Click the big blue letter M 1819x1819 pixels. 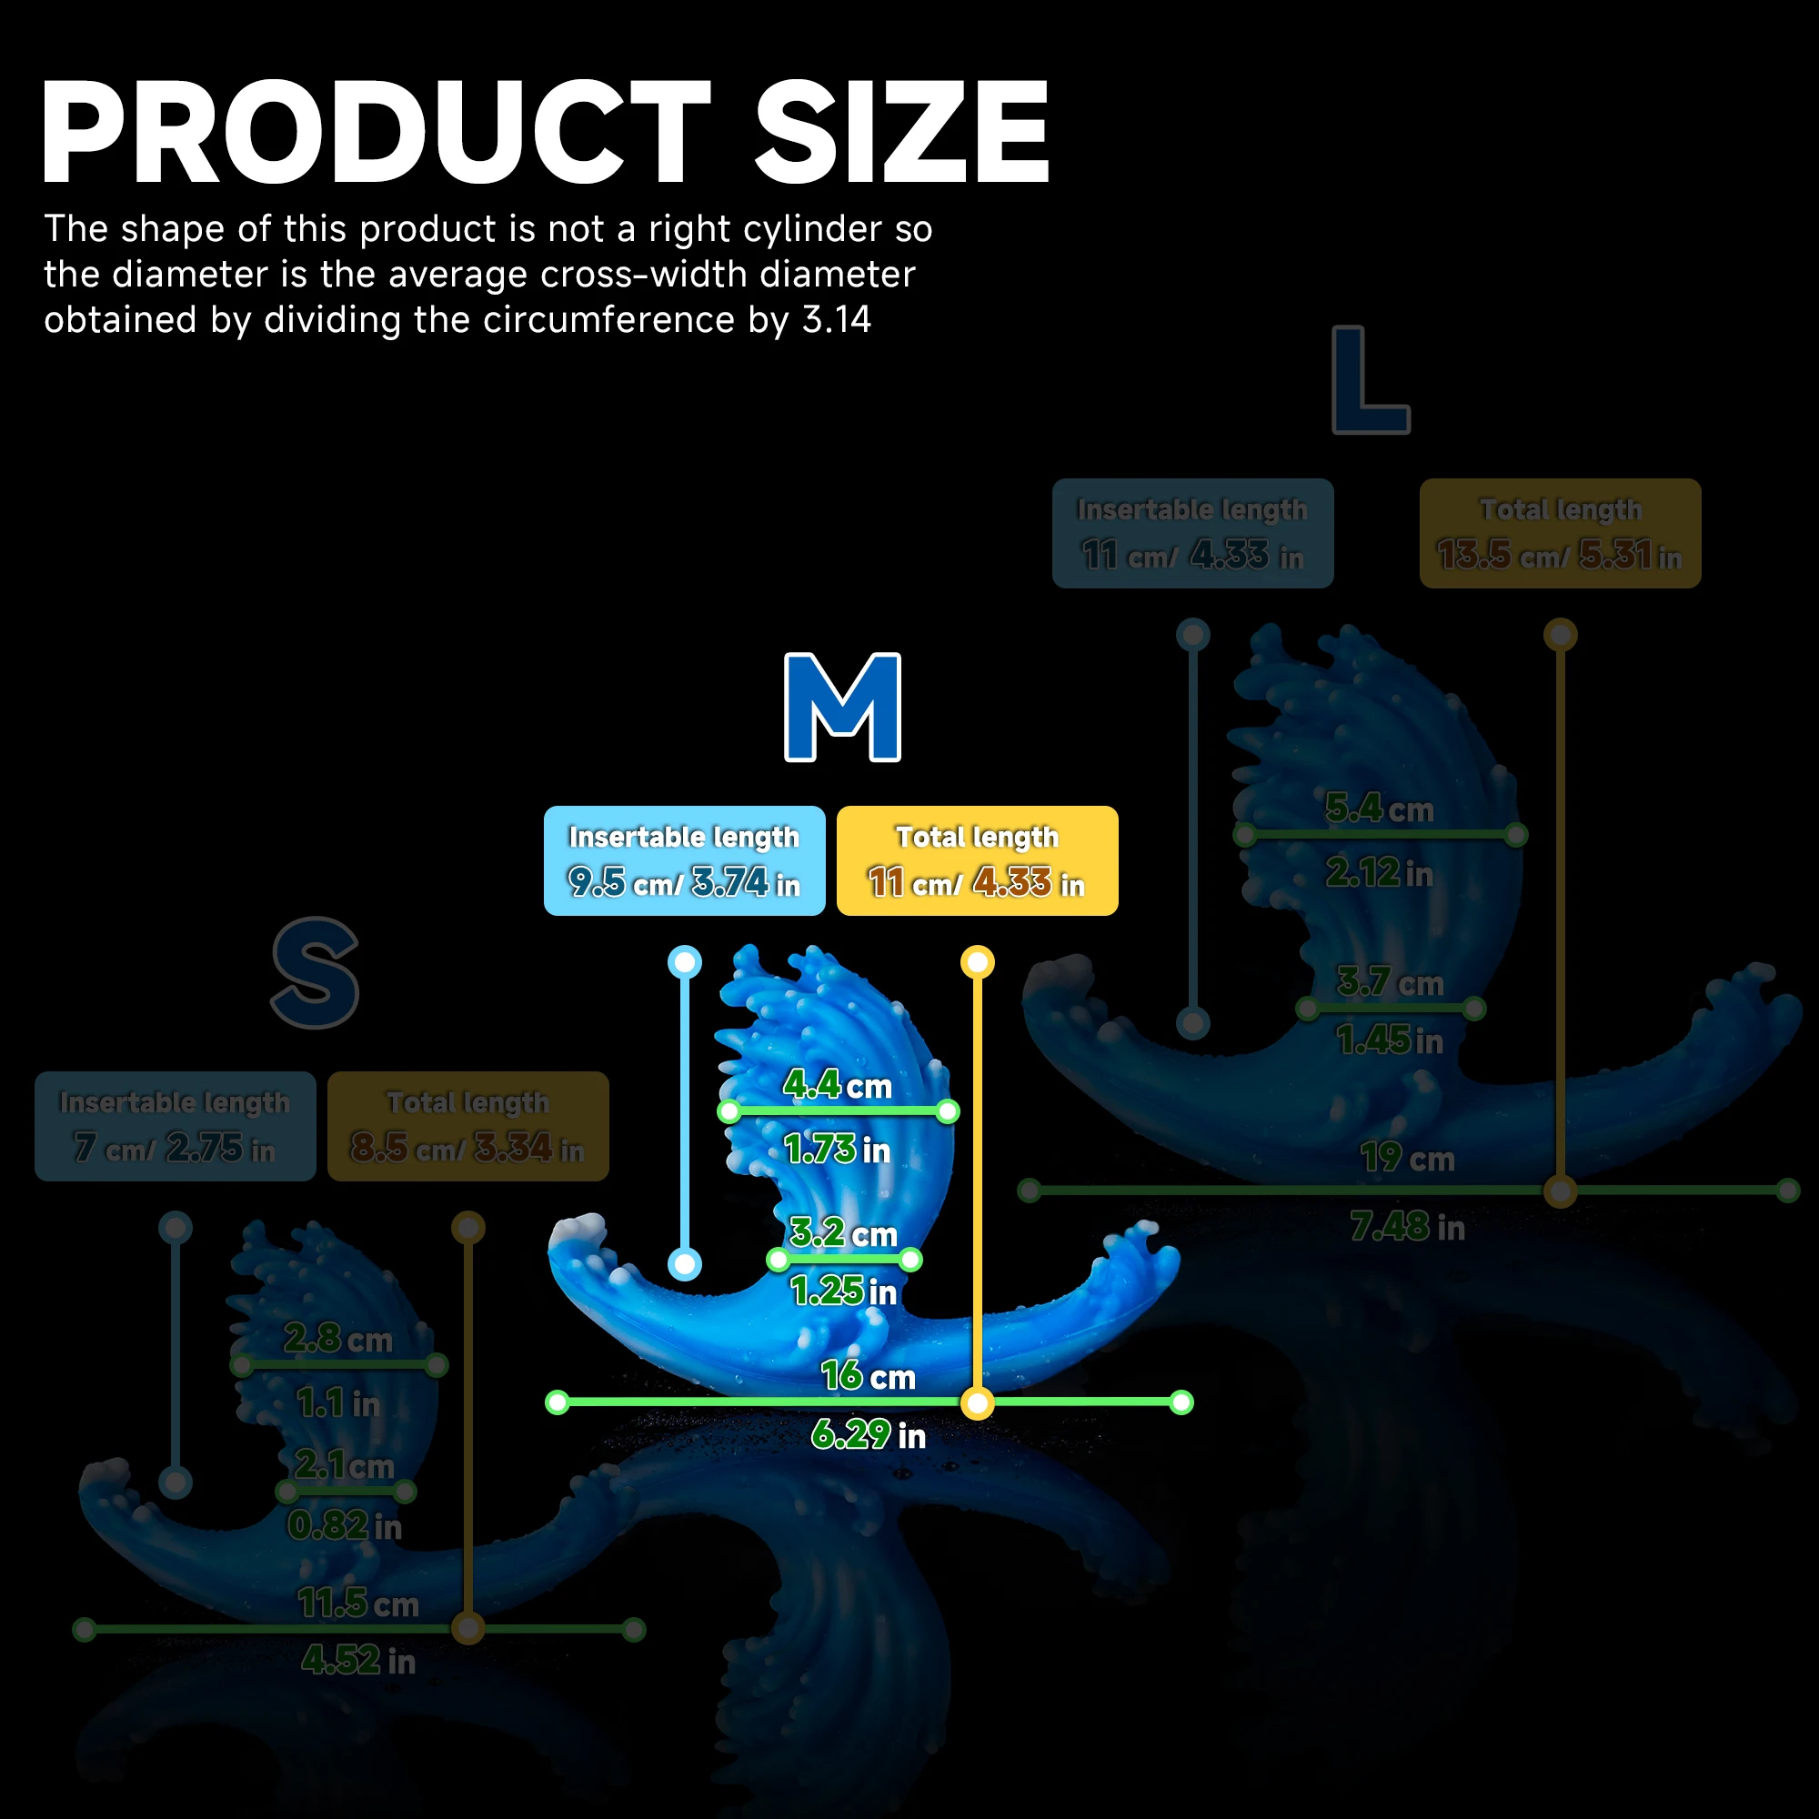point(843,707)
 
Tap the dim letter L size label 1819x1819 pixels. point(1370,379)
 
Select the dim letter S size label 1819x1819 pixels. point(316,972)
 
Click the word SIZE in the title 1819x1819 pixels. point(901,132)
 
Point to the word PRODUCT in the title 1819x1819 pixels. point(376,132)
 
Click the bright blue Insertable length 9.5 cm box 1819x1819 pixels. point(685,860)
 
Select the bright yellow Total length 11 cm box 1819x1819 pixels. point(978,860)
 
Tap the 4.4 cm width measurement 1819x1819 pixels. point(837,1086)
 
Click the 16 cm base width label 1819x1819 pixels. point(867,1376)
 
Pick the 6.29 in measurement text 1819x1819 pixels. point(868,1435)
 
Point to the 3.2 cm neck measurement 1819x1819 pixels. point(844,1233)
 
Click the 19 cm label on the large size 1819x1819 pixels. point(1407,1158)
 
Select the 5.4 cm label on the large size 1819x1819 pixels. point(1380,809)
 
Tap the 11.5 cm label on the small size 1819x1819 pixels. point(357,1603)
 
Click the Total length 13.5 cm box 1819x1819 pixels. point(1560,534)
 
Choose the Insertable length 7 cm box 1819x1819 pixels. point(176,1126)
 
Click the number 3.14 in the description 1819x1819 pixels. point(836,320)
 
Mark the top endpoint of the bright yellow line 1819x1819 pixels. point(978,962)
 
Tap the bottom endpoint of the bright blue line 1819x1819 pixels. point(685,1263)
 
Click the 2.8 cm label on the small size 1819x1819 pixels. point(338,1338)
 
